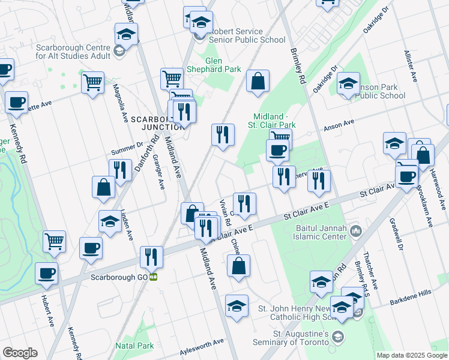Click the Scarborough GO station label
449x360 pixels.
tap(119, 277)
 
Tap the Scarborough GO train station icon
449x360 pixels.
tap(154, 277)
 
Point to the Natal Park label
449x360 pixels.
tap(134, 346)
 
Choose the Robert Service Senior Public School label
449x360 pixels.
tap(247, 35)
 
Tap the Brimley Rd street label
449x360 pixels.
tap(297, 65)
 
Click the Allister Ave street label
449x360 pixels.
tap(411, 65)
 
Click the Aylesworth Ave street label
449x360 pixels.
tap(202, 345)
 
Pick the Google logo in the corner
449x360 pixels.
tap(20, 353)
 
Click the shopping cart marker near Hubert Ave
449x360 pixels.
tap(55, 241)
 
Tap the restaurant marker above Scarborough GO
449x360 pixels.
tap(151, 256)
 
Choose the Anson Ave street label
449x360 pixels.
tap(339, 125)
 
